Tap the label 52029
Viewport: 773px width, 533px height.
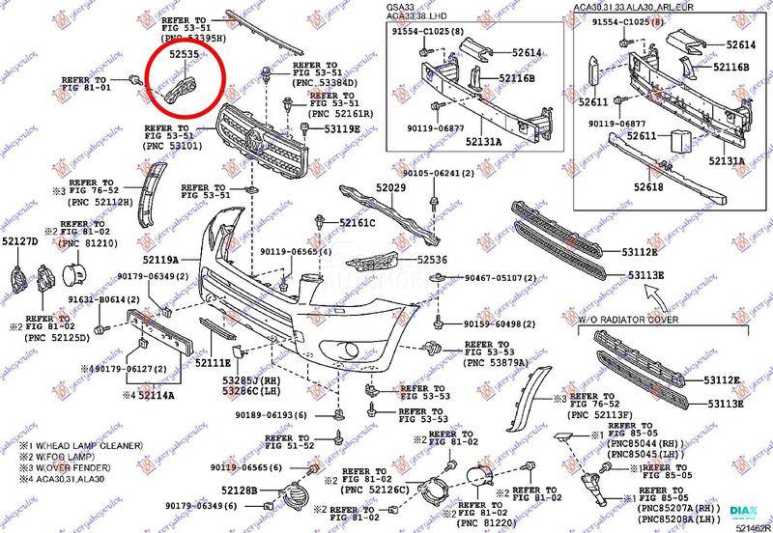click(391, 188)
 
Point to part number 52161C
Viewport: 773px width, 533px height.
click(358, 223)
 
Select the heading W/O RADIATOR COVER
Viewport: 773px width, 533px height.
click(628, 318)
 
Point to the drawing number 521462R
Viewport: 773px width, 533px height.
click(749, 527)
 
